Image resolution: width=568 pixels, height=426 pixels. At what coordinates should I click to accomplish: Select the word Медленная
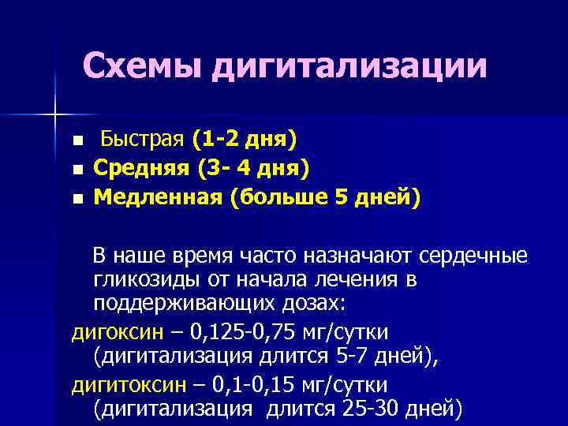158,195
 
